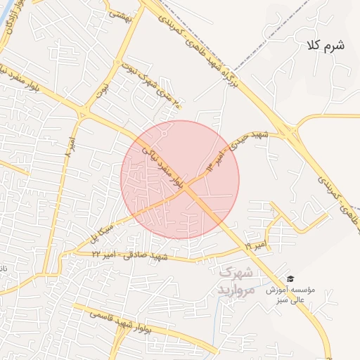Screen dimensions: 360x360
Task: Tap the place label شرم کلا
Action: [325, 46]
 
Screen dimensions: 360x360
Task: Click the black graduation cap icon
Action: [291, 279]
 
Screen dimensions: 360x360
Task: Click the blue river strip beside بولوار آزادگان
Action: [4, 28]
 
